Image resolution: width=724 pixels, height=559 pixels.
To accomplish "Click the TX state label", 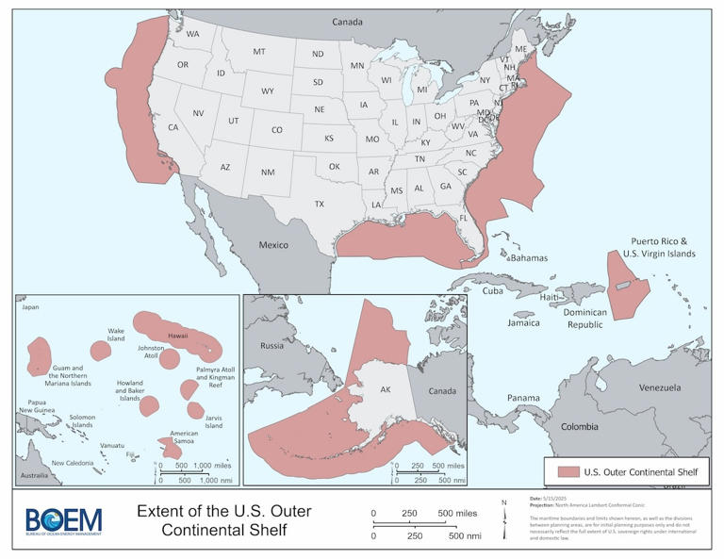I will point(319,204).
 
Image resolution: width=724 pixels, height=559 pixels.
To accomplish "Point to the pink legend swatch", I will point(568,471).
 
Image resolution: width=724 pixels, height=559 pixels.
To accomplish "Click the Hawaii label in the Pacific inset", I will point(178,336).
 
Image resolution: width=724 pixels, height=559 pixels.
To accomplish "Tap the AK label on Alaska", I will point(384,388).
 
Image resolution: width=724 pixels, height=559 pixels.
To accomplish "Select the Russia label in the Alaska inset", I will point(271,344).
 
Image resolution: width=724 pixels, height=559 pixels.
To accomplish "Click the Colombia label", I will point(580,425).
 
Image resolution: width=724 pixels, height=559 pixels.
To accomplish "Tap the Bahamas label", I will point(528,256).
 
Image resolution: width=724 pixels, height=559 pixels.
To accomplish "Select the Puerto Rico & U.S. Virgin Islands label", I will point(659,248).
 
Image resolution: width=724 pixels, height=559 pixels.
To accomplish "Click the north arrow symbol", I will point(505,518).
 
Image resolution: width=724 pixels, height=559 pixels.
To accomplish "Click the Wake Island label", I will point(116,336).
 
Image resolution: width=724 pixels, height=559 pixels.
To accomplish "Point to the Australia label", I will point(36,474).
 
